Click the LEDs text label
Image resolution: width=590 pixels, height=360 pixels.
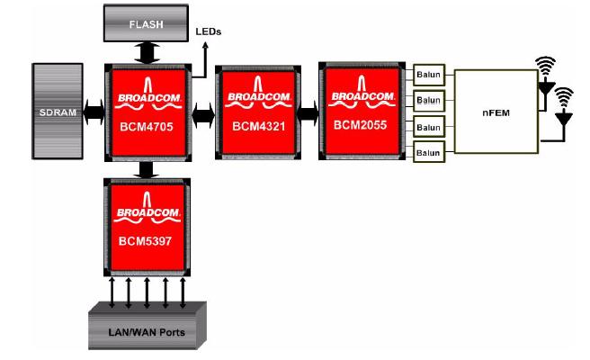coord(209,32)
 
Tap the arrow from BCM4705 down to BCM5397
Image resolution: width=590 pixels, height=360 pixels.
coord(147,170)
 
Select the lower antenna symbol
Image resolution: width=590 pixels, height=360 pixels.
coord(564,106)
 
